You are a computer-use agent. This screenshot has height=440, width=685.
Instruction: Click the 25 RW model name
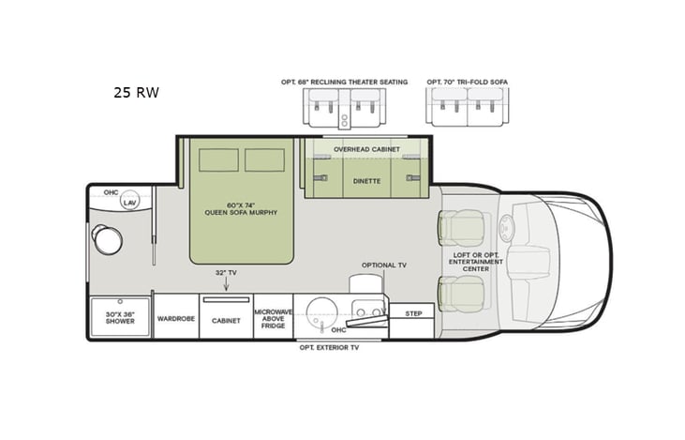(x=136, y=92)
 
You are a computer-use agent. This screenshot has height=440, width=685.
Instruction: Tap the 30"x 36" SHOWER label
(x=120, y=318)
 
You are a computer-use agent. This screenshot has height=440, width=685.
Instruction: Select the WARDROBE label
(x=175, y=319)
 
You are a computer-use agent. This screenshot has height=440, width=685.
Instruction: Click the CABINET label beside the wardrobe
(x=226, y=320)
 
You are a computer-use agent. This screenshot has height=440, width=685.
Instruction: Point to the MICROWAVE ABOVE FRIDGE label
(x=273, y=318)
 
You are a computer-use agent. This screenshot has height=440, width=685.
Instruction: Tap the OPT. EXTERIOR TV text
(x=329, y=347)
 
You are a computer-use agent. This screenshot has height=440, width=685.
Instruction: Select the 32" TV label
(x=225, y=272)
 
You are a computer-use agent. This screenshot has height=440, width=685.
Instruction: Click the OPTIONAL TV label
(x=384, y=266)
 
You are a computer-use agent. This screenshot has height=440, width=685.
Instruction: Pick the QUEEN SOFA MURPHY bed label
(x=241, y=208)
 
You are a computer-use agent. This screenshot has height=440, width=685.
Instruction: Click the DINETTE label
(x=366, y=180)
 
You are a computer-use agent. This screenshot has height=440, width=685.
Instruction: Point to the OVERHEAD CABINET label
(x=366, y=149)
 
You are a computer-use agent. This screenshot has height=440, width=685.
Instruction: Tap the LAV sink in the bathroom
(x=129, y=202)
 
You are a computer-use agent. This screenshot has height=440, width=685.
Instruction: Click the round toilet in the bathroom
(x=107, y=240)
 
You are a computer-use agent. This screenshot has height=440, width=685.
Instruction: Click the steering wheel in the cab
(x=507, y=228)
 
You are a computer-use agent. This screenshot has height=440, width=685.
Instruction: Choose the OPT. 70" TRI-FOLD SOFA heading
(x=468, y=82)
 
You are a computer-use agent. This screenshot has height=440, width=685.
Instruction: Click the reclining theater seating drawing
(x=344, y=107)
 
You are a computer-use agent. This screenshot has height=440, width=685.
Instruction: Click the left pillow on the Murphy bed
(x=218, y=159)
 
